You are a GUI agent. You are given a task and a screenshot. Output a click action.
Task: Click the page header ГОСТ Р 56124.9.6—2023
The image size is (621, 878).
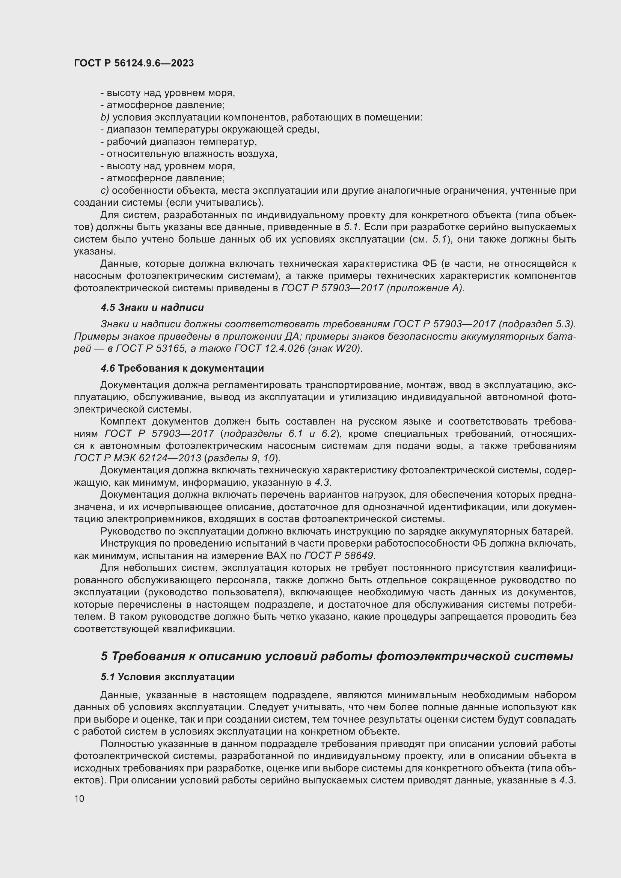[134, 63]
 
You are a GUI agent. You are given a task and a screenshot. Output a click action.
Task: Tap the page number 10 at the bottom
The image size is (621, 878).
[79, 798]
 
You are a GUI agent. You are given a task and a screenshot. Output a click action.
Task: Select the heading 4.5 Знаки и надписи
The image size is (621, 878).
[152, 307]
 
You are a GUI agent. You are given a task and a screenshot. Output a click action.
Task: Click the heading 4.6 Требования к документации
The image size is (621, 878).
[182, 368]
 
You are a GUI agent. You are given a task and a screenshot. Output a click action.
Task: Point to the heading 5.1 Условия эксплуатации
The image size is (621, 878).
[167, 677]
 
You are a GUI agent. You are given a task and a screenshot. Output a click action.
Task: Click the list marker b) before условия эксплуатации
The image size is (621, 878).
[105, 117]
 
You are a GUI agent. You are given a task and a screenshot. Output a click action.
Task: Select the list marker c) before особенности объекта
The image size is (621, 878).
[105, 190]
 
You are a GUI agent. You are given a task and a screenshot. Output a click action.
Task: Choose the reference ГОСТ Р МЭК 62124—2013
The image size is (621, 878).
[138, 458]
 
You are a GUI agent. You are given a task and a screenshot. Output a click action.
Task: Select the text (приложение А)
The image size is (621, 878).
[425, 288]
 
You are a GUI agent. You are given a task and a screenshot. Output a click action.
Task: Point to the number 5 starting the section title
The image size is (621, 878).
[104, 656]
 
